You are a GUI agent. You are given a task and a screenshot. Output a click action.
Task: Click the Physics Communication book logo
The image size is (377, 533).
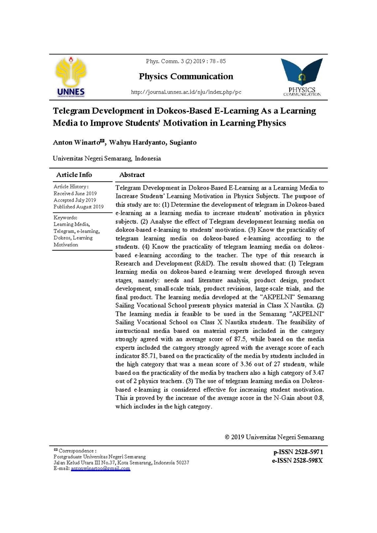coord(302,76)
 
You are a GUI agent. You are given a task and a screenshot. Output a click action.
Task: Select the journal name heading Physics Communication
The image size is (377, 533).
coord(186,76)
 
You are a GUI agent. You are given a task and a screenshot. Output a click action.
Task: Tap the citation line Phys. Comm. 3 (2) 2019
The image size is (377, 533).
coord(186,62)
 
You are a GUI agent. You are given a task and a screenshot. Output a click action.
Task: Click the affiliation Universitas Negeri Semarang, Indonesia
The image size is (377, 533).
coord(107,159)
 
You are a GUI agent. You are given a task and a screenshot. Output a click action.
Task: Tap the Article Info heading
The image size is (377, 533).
coord(74,175)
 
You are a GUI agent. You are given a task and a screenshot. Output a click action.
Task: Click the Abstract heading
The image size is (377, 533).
coord(132,175)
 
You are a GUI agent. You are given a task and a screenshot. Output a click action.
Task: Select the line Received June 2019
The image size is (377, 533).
coord(75,194)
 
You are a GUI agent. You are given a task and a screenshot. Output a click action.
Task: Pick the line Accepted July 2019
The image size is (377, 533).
coord(75,200)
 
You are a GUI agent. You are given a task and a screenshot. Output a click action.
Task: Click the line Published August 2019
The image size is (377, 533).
coord(78,207)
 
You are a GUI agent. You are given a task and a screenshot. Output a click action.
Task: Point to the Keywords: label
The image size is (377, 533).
coord(66,218)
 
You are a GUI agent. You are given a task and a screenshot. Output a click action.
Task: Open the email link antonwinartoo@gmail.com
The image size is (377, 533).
coord(100,469)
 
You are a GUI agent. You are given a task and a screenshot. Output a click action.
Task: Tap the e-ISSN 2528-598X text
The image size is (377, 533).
coord(297,460)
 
